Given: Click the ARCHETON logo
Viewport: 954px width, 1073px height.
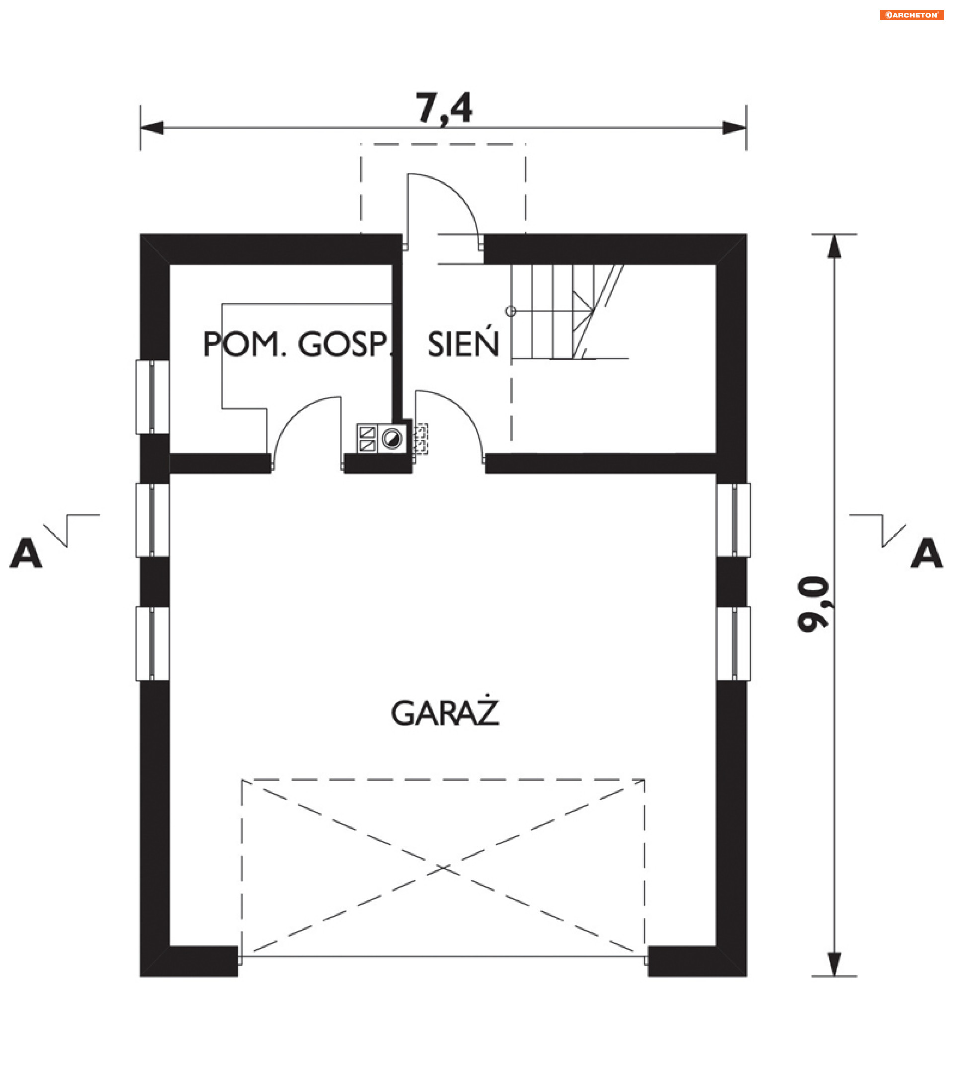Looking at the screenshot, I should (911, 15).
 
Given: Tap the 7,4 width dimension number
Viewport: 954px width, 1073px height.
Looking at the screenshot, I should (444, 108).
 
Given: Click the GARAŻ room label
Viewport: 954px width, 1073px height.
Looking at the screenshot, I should (445, 713).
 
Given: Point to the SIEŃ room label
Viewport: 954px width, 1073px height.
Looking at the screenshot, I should (463, 344).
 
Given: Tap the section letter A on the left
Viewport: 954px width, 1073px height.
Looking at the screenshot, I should (26, 553).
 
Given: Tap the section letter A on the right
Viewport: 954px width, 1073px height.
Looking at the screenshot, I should (926, 553).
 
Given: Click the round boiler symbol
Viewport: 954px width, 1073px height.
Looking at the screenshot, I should (391, 438).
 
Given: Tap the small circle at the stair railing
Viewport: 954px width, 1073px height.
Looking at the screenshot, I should (510, 311).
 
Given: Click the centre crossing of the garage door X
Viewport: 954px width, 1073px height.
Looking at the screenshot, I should (443, 868).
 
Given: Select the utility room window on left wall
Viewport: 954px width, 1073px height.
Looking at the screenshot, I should (152, 397).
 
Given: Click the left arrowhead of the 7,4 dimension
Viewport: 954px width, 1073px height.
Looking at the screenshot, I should (152, 128).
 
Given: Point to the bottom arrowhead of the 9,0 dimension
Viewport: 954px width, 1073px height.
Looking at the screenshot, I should (834, 964).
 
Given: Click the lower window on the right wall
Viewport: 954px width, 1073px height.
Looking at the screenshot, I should (733, 644).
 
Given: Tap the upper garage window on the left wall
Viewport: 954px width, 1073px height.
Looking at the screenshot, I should (152, 520).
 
